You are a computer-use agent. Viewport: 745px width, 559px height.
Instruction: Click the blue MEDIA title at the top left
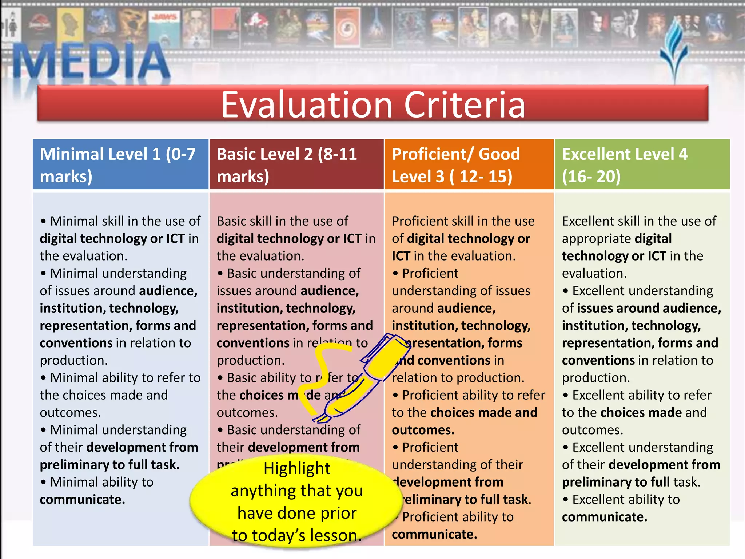[91, 60]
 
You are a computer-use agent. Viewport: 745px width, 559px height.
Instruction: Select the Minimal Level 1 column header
[120, 164]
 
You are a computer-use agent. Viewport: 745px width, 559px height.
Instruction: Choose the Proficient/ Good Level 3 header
[469, 164]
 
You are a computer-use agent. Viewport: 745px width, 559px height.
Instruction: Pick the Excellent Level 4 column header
[642, 164]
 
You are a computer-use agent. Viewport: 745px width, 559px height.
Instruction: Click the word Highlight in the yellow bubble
[297, 468]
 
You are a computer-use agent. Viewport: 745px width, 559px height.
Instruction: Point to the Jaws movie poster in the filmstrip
[165, 29]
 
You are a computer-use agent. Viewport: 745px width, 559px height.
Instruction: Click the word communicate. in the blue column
[82, 500]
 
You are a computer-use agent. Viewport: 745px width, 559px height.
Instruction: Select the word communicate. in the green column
[604, 517]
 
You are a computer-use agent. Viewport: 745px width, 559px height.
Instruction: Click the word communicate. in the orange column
[434, 534]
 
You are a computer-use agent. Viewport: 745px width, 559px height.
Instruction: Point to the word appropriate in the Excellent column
[596, 239]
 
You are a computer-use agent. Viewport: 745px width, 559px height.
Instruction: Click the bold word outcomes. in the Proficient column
[423, 430]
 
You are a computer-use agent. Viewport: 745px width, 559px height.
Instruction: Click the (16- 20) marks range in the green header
[591, 177]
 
